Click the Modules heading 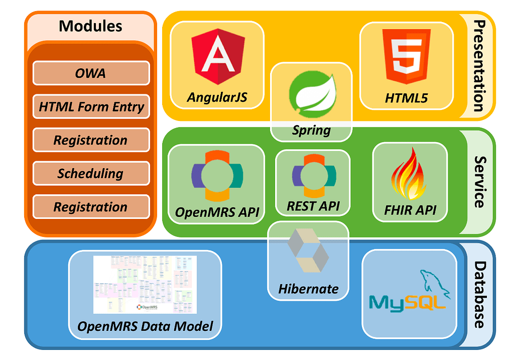[90, 26]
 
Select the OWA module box [91, 73]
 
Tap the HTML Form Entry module [91, 106]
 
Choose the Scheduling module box [91, 174]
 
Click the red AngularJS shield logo [217, 56]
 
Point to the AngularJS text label [217, 97]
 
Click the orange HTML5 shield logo [406, 56]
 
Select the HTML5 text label [406, 98]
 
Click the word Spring [311, 131]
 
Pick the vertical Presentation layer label [479, 66]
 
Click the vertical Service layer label [479, 182]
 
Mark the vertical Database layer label [479, 294]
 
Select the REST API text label [313, 205]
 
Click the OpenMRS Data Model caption [145, 326]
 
